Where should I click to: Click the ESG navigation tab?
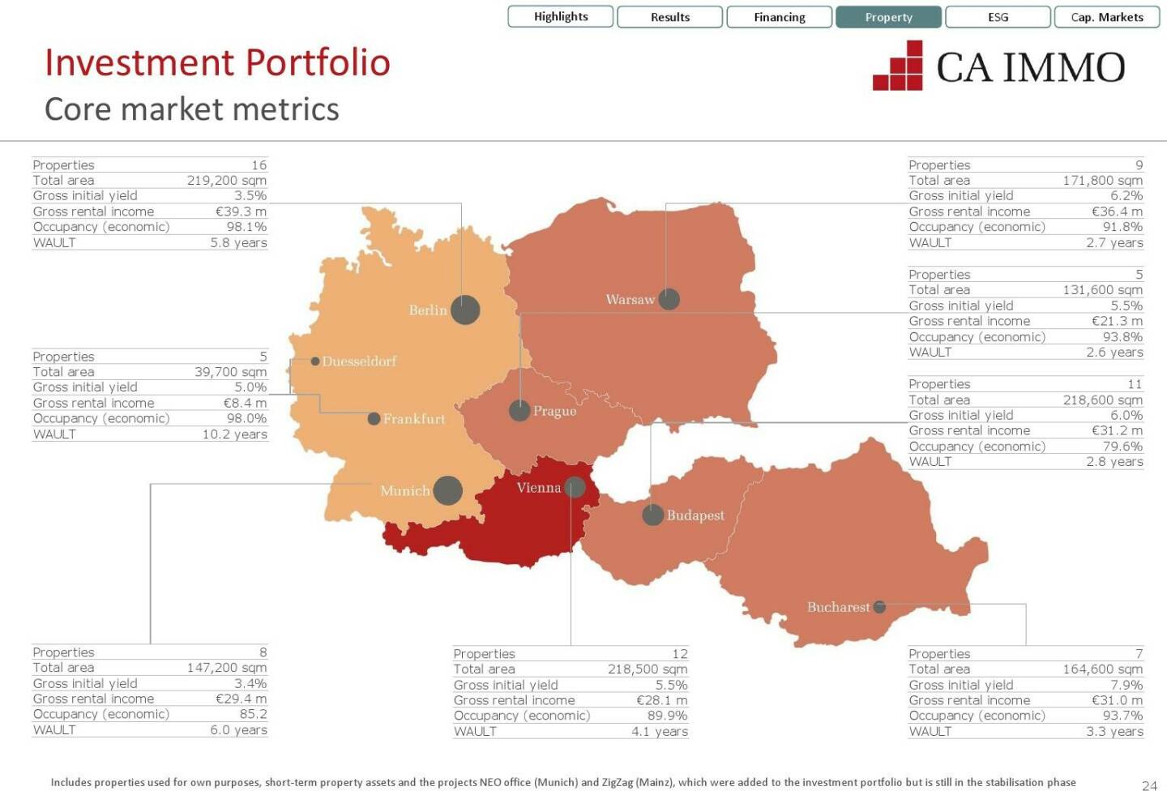tap(998, 17)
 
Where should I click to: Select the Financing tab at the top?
tap(779, 17)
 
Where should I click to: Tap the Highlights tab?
tap(561, 16)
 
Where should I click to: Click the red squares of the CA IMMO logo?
tap(899, 66)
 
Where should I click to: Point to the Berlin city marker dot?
tap(465, 310)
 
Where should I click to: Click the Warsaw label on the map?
tap(630, 300)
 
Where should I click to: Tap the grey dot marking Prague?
tap(519, 410)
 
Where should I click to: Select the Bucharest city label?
tap(838, 607)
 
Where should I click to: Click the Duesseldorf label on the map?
tap(359, 361)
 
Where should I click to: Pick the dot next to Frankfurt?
tap(374, 419)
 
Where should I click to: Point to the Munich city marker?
tap(447, 490)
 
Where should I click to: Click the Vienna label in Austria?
tap(538, 488)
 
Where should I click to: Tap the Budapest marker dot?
tap(652, 515)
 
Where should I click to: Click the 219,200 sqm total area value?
tap(226, 181)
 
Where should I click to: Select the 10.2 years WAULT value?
tap(234, 434)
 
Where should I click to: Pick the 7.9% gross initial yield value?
tap(1126, 685)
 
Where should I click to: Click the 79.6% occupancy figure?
tap(1122, 447)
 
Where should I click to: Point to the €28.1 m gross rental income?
tap(661, 700)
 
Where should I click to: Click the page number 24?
tap(1149, 785)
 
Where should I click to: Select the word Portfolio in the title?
tap(318, 62)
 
